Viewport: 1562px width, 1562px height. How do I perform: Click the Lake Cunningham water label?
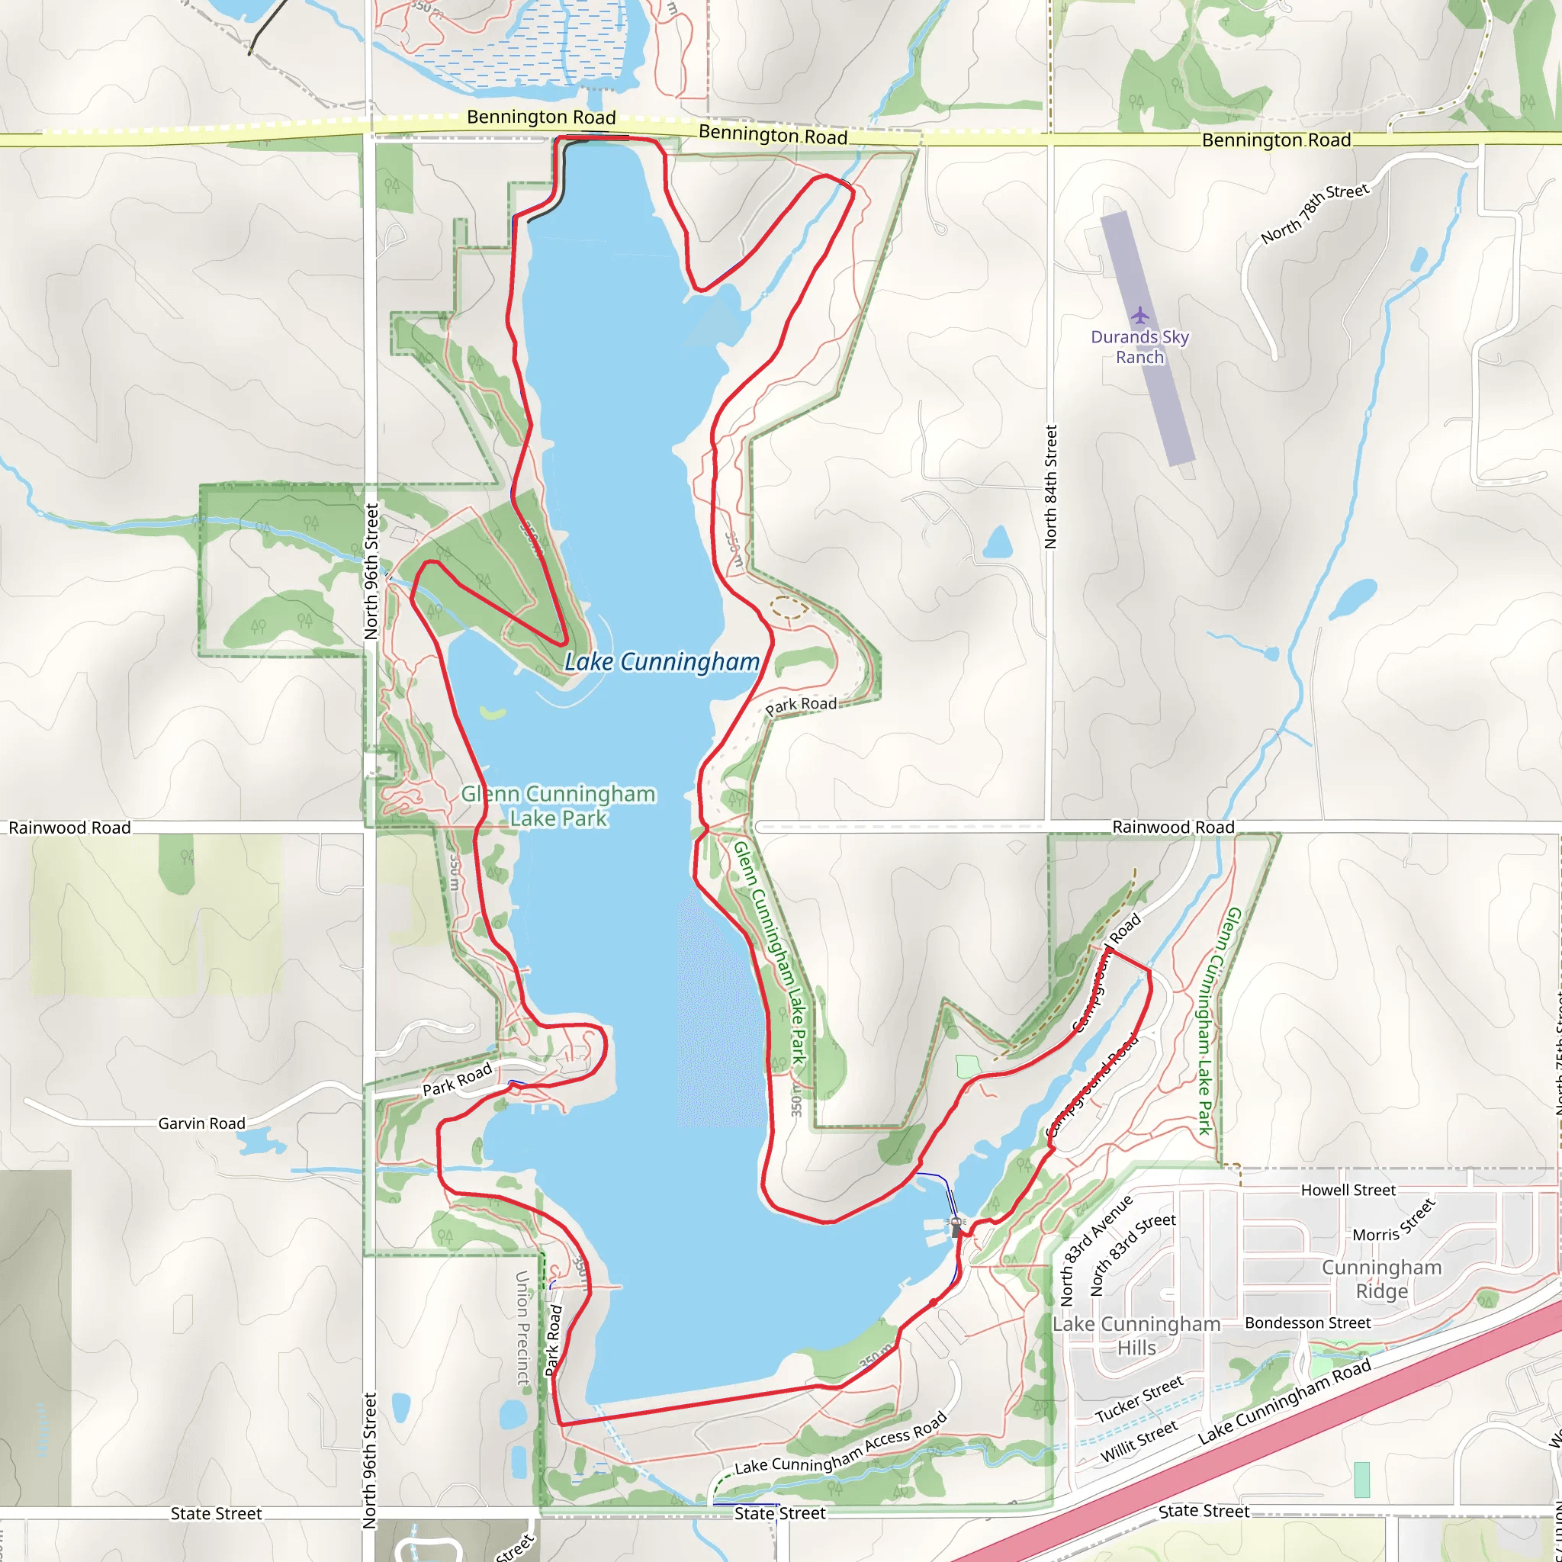click(661, 662)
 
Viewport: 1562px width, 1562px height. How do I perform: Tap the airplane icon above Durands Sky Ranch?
click(1140, 314)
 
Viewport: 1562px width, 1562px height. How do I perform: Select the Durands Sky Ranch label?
click(1139, 347)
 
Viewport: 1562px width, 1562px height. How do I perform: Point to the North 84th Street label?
click(1050, 487)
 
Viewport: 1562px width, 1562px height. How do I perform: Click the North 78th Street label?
click(1316, 214)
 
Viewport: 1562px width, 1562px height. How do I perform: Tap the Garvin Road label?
click(201, 1123)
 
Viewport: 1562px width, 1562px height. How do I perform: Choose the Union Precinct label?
click(523, 1328)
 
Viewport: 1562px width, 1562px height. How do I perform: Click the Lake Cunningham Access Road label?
click(840, 1444)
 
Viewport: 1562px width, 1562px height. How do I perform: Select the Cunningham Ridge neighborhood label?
click(1382, 1279)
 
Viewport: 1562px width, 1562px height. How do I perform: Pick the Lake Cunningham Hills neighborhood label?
click(1136, 1335)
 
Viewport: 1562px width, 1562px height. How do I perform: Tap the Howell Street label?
click(1348, 1190)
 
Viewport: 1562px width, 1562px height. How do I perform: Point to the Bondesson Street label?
click(1307, 1323)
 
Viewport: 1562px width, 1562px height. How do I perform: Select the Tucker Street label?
click(1139, 1400)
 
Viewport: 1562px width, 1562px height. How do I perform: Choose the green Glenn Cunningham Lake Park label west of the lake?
click(558, 806)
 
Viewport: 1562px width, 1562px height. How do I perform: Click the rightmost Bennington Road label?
click(1276, 140)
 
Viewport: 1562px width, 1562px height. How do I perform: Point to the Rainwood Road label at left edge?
click(69, 827)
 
